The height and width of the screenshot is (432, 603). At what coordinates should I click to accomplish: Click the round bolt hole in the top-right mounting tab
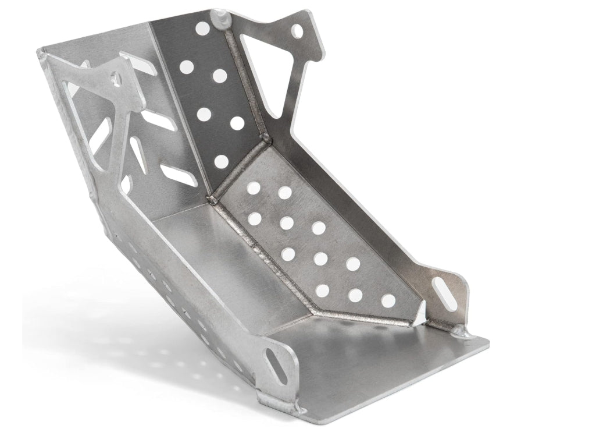[x=297, y=30]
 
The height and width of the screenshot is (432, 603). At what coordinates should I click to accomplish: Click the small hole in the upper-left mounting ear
[x=114, y=77]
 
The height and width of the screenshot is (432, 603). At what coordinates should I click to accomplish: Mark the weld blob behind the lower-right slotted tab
[x=462, y=332]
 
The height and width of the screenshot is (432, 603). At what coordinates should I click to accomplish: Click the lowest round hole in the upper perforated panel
[x=222, y=161]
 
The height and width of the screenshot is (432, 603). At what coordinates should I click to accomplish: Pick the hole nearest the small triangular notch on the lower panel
[x=388, y=300]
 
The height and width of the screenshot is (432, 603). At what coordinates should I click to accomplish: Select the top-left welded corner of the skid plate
[x=42, y=54]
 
